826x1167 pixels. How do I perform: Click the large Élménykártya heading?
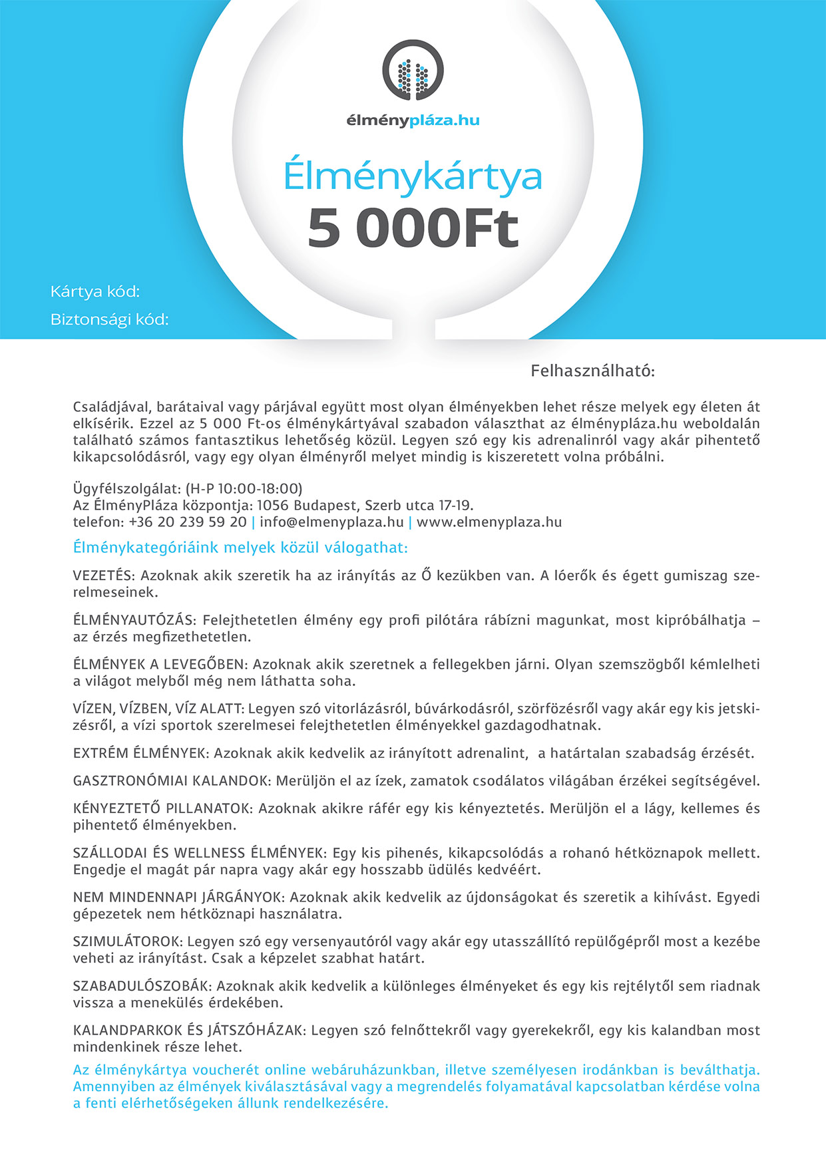413,176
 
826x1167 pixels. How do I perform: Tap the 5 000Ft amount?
413,228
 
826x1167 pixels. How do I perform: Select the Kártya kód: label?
95,291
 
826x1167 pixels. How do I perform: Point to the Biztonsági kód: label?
110,320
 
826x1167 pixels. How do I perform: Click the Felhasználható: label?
592,371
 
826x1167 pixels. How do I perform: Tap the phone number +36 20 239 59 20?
188,522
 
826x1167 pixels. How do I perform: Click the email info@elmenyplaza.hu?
331,522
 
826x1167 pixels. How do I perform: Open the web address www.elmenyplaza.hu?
489,522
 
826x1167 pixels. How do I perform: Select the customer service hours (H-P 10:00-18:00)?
244,489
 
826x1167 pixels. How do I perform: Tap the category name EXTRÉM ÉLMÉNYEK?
141,753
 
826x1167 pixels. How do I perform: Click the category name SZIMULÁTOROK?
127,941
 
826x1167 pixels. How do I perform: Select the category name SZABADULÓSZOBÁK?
142,986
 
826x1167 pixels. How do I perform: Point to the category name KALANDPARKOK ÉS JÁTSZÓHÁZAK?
189,1031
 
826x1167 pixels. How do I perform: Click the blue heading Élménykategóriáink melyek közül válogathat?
240,548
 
